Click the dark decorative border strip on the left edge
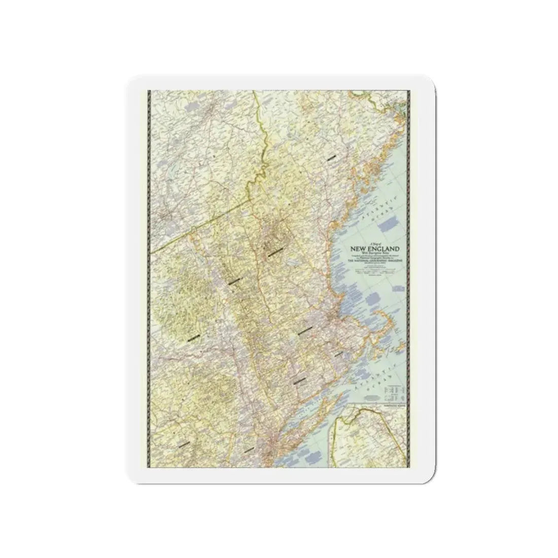[x=148, y=274]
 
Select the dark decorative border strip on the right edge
[x=409, y=274]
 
